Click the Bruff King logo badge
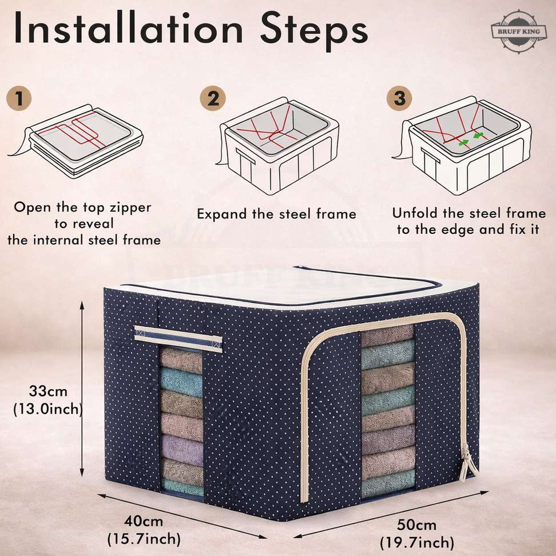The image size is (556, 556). pos(518,32)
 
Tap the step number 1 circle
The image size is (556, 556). pos(19,98)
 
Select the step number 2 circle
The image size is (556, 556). pos(213,98)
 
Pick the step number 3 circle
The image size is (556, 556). pos(399,98)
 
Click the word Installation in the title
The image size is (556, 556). pos(128,28)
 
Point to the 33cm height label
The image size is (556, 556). pos(48,391)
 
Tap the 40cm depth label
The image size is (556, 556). pos(144,521)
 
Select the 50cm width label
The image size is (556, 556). pos(416,525)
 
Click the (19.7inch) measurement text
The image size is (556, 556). pos(417,542)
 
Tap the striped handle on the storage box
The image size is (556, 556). pos(178,339)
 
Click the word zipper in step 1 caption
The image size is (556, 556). pos(130,208)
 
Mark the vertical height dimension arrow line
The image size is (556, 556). pos(82,388)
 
